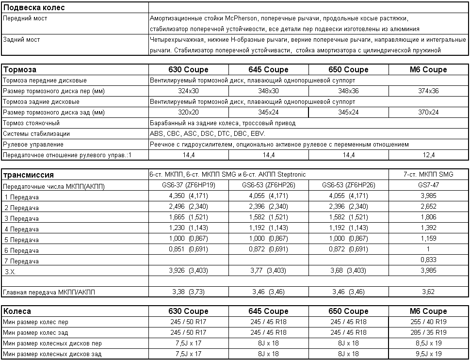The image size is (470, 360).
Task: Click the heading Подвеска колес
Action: [34, 8]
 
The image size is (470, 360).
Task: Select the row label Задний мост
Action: [21, 40]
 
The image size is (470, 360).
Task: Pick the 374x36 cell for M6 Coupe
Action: [428, 91]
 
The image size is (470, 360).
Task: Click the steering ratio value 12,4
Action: [428, 155]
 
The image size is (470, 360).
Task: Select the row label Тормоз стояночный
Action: [32, 123]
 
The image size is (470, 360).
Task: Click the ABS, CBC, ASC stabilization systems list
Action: [208, 134]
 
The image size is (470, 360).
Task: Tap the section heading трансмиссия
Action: [29, 175]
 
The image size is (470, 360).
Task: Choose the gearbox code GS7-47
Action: [428, 185]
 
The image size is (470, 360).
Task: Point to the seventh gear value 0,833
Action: [428, 260]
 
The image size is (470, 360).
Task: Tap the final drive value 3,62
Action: [428, 292]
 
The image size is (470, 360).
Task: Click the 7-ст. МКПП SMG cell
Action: [428, 175]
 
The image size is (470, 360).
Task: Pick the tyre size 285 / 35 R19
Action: [428, 333]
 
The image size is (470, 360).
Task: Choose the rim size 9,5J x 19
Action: [428, 354]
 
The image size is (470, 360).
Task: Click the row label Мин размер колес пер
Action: [35, 322]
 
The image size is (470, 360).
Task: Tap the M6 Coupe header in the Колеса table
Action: [428, 311]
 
